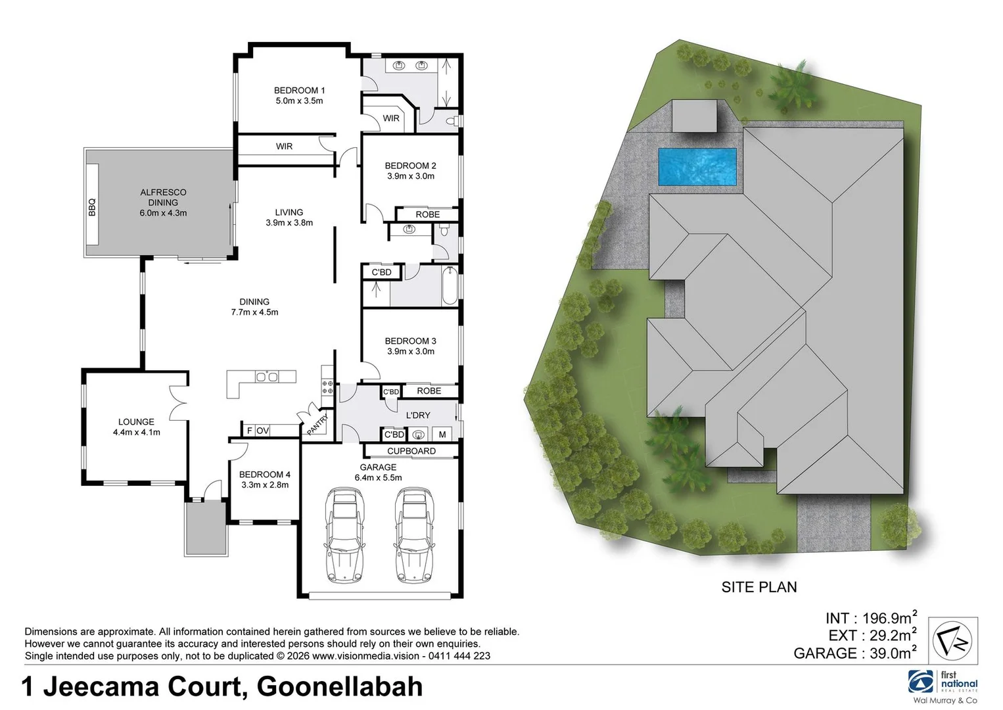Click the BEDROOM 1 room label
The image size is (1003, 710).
(x=299, y=91)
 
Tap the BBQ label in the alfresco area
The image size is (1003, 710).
(x=92, y=207)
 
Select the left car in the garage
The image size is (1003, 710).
(x=344, y=534)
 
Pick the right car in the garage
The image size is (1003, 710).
(x=414, y=534)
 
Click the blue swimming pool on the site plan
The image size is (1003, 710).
(x=697, y=166)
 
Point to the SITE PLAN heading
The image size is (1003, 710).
(x=758, y=587)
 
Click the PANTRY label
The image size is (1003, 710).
(x=317, y=425)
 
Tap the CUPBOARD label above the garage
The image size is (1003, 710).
(x=411, y=451)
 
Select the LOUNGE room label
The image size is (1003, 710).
(x=136, y=422)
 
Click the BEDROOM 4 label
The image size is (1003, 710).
(x=264, y=475)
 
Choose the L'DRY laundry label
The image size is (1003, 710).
(x=418, y=415)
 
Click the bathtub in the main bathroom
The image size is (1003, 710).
(x=450, y=286)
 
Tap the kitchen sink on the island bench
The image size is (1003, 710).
(x=267, y=377)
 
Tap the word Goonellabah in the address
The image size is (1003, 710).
(x=339, y=687)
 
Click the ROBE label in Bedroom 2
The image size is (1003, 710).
(x=427, y=215)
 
